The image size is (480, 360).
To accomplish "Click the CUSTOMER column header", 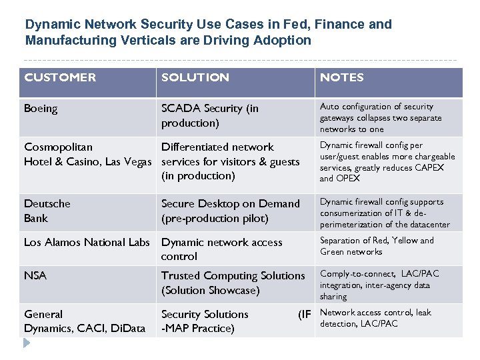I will point(60,77).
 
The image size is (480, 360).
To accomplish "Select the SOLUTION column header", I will point(195,77).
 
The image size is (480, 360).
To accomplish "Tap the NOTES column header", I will point(341,77).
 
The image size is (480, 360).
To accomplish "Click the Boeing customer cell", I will point(41,108).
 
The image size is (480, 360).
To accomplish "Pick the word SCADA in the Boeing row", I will point(181,108).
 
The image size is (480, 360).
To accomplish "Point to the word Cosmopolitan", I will point(58,147).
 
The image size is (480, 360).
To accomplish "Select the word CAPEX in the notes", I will point(429,167).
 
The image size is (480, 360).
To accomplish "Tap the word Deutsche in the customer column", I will point(47,203).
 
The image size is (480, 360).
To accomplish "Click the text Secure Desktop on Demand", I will point(231,203).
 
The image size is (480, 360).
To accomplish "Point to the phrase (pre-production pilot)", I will point(215,218).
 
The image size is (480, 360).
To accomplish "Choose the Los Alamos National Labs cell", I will point(87,242).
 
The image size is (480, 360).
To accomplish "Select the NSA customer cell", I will point(35,275).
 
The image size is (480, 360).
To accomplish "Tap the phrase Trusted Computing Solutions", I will point(233,275).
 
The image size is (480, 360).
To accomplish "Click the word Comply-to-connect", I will point(358,273).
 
